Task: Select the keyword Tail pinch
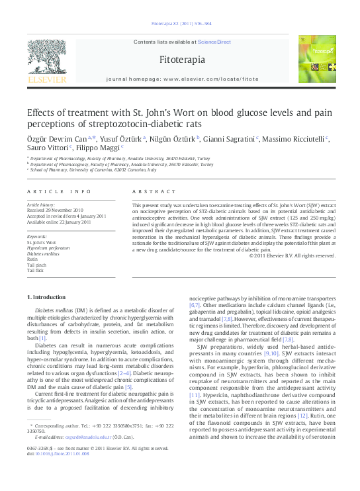coord(37,265)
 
